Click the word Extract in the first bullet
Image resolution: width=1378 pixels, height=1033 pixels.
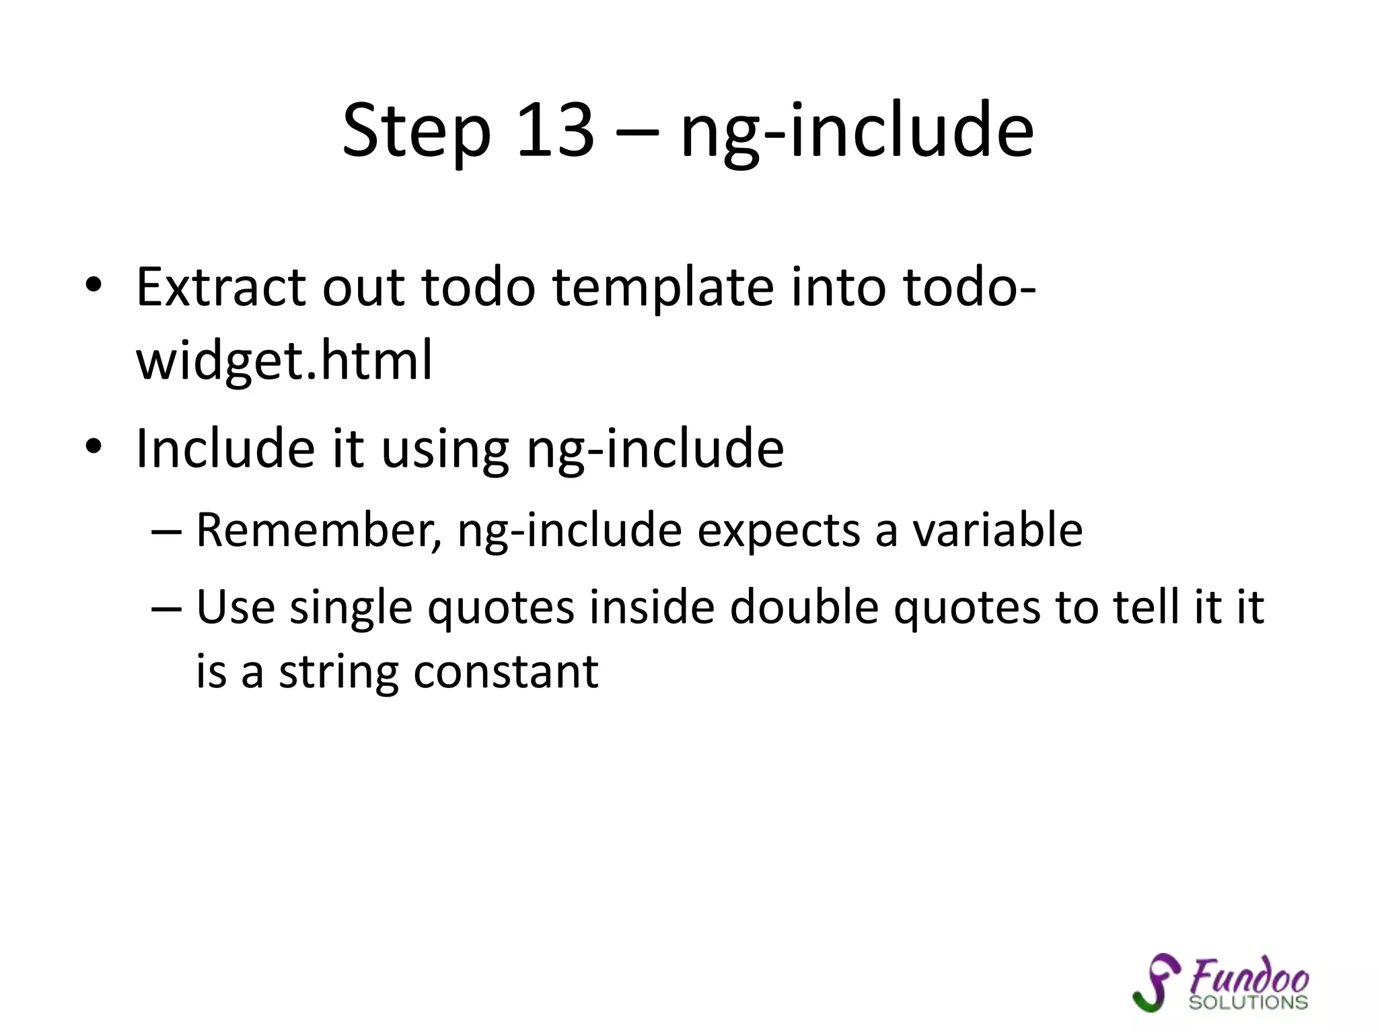tap(220, 287)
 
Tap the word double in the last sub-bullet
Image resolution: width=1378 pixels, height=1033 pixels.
tap(804, 607)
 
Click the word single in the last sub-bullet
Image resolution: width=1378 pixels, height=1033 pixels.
tap(351, 608)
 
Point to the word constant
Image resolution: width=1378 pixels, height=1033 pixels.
tap(505, 671)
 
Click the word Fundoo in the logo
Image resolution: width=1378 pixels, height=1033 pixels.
tap(1249, 977)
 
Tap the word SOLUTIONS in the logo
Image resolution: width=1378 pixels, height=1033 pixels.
tap(1248, 1002)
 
